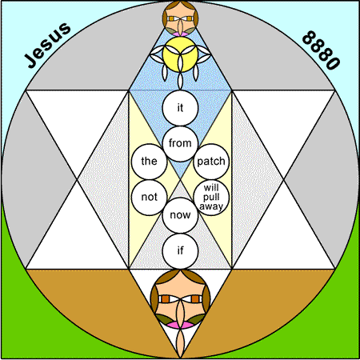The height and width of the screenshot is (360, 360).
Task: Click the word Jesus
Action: tap(48, 45)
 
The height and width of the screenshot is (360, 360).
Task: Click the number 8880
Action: tap(321, 50)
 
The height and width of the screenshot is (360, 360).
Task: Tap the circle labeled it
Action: tap(180, 108)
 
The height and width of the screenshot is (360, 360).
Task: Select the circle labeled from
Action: tap(180, 143)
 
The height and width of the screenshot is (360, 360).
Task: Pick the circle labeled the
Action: tap(150, 162)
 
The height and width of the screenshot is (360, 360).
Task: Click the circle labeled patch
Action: tap(211, 162)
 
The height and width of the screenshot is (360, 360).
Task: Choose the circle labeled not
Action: tap(150, 198)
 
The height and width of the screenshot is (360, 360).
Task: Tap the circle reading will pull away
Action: tap(211, 198)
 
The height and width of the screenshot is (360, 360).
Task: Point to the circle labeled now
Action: tap(180, 215)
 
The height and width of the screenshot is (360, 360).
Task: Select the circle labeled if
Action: tap(180, 251)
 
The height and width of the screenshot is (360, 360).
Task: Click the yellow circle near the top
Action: tap(180, 54)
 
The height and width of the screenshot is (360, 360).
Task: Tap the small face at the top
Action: tap(180, 18)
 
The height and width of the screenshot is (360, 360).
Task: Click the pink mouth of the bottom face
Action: tap(180, 325)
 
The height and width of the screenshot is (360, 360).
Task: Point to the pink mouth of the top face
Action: tap(180, 34)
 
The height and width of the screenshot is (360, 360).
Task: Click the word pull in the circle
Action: tap(211, 198)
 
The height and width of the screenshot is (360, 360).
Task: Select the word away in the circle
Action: tap(211, 206)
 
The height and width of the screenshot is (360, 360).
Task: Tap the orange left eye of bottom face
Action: tap(166, 299)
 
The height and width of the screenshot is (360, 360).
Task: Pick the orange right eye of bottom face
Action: tap(195, 299)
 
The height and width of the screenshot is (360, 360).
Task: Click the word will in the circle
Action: tap(211, 188)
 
